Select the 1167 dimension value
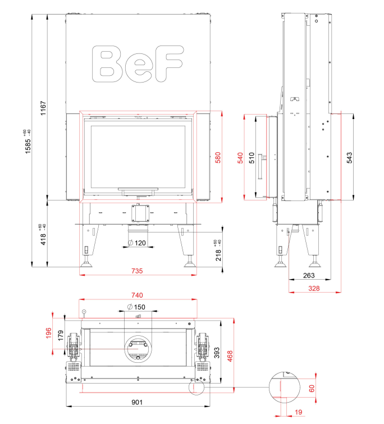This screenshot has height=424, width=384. (43, 108)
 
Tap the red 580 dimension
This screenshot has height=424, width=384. (218, 158)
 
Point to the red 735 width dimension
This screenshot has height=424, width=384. (137, 271)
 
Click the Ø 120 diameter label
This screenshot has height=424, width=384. (137, 243)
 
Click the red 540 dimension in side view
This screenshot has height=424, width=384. (240, 158)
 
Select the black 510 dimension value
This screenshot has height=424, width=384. (252, 158)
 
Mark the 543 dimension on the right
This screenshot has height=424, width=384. (349, 158)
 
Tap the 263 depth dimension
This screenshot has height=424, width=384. (309, 276)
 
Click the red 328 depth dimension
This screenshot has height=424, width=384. (314, 289)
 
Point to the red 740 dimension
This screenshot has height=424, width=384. (137, 295)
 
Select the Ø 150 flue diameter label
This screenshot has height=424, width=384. (136, 307)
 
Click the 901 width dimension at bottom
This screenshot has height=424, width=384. (137, 402)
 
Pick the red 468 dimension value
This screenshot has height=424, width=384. (230, 356)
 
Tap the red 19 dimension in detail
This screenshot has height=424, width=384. (298, 412)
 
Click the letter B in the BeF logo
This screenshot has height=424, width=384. (108, 64)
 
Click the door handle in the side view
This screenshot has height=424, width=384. (262, 167)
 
